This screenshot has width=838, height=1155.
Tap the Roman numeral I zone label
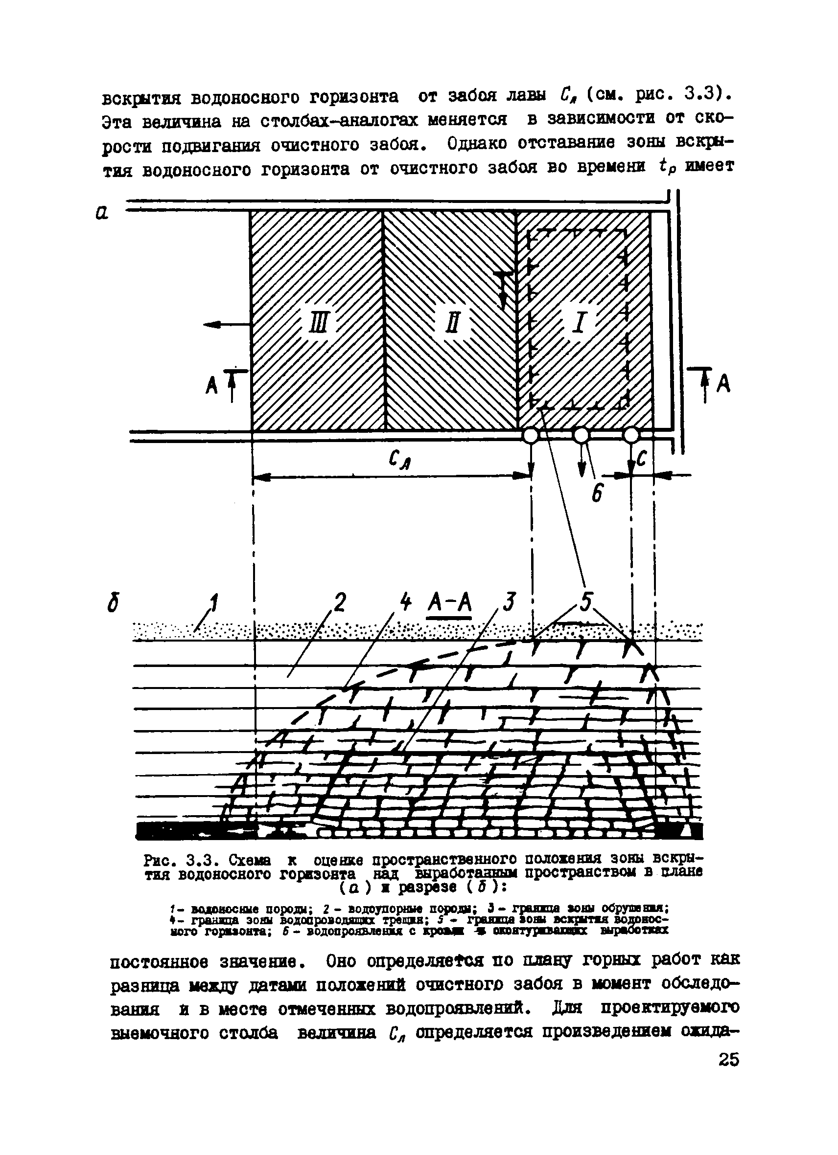pos(579,323)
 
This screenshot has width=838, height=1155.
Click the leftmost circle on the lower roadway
pos(531,436)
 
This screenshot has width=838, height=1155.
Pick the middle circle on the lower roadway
pos(581,436)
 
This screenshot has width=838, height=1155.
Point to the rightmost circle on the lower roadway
pos(631,436)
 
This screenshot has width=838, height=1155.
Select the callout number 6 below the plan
pos(597,493)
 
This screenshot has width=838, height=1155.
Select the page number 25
pos(728,1060)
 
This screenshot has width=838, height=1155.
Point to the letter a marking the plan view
pos(101,213)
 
